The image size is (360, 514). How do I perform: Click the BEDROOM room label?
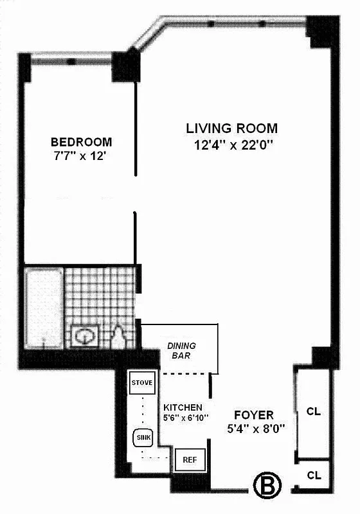pos(81,142)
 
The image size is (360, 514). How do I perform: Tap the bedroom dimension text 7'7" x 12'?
pos(81,156)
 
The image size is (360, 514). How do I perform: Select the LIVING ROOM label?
pos(231,128)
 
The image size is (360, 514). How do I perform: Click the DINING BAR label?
pos(181,350)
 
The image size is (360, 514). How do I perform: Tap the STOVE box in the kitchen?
pos(141,383)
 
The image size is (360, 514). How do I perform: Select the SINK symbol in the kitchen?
pos(143,438)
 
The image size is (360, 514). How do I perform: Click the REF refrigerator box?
pos(189,460)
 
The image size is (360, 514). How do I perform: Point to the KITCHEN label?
pos(183,407)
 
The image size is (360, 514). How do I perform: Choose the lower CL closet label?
pos(313,475)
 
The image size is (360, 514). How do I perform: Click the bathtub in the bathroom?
pos(44,307)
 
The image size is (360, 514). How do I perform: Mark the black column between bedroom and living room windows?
pos(126,66)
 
